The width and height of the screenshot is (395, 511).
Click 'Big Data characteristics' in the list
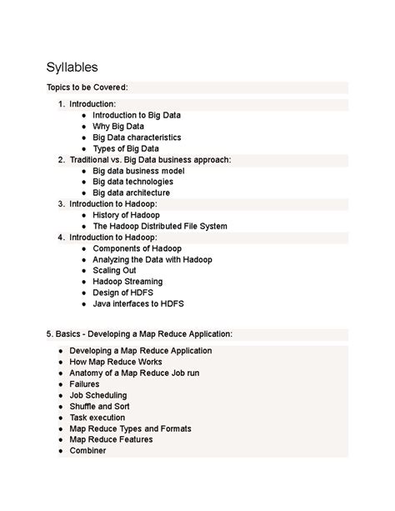point(137,138)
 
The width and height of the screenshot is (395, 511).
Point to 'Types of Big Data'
point(126,148)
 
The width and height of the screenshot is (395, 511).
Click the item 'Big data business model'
point(138,171)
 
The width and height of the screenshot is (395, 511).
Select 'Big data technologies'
point(132,182)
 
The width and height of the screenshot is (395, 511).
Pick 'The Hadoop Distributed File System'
point(159,226)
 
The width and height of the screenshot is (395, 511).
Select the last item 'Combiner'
point(88,451)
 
